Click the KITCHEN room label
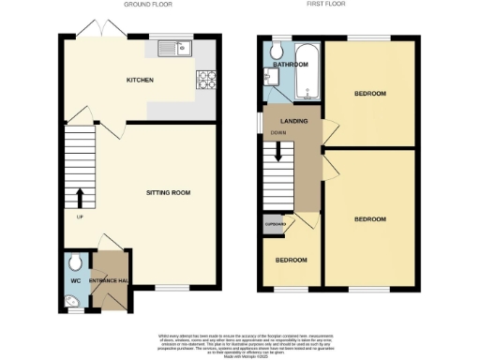141,81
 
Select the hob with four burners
205,82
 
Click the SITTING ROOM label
168,192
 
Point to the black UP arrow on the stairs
80,197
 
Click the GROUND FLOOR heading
147,5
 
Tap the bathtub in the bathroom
308,82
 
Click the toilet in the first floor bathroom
277,52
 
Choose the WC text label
75,280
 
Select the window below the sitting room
169,287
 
